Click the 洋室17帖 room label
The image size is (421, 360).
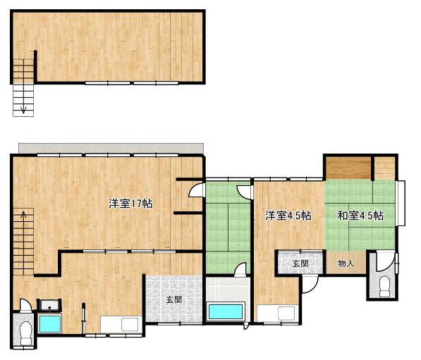(130, 204)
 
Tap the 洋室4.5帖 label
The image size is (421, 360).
(288, 216)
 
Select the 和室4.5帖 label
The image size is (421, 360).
(360, 216)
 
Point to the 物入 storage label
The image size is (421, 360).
(346, 263)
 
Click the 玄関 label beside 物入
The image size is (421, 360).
(300, 263)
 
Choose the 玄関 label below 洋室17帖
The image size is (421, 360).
(174, 299)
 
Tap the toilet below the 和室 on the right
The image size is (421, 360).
(384, 287)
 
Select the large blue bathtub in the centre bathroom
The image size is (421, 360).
(226, 311)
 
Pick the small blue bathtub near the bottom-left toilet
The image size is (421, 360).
(50, 324)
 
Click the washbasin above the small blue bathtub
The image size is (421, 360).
(49, 305)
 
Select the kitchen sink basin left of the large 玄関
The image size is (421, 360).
(130, 325)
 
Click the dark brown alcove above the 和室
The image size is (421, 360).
(348, 168)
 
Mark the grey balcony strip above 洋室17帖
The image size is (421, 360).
(111, 149)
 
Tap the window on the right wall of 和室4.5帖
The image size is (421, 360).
(401, 204)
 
